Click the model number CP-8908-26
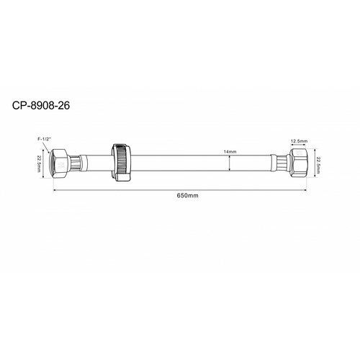point(41,105)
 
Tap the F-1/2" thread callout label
point(45,139)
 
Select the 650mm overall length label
point(188,195)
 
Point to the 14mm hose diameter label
point(230,152)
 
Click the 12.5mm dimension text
point(299,141)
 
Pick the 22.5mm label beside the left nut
point(39,163)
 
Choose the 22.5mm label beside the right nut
point(318,165)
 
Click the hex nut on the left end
point(60,163)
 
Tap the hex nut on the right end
point(299,163)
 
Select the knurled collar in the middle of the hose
point(122,163)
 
